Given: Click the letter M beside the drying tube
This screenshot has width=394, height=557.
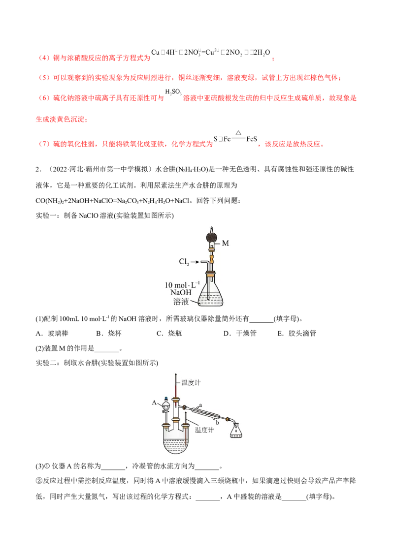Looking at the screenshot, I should tap(226, 243).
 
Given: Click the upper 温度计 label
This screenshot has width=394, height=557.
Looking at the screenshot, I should tap(191, 382).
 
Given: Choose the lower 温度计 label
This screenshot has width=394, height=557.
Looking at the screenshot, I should tap(205, 430).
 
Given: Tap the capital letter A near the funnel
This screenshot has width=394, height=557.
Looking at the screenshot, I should tap(154, 402).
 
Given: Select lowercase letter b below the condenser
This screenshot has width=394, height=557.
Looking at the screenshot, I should tap(217, 422).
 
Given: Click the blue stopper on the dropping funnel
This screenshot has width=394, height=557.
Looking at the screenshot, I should tap(167, 399).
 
